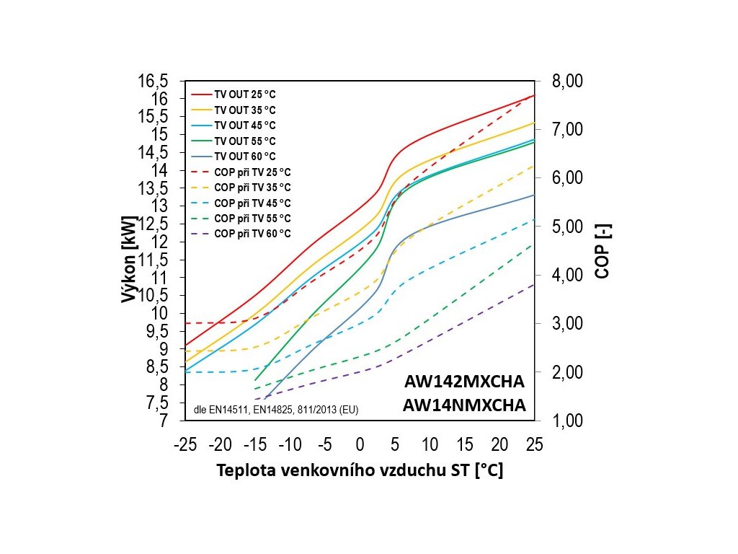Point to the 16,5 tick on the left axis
(153, 81)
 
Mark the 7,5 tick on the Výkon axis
(156, 403)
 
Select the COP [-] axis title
(602, 250)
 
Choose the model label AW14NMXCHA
(464, 405)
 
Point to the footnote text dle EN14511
(219, 410)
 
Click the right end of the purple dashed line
(533, 285)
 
